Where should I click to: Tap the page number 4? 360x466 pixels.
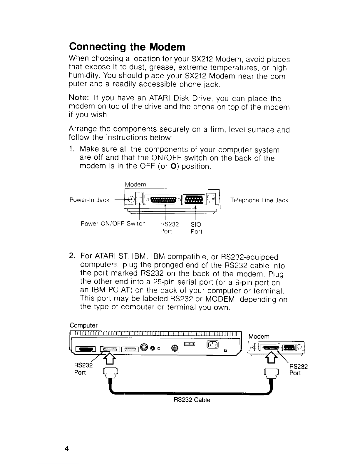(x=67, y=448)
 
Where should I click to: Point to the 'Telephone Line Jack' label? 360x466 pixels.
(x=259, y=200)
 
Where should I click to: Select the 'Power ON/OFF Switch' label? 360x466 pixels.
(x=113, y=224)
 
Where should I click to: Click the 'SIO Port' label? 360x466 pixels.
(x=196, y=228)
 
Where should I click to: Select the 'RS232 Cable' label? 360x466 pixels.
(x=192, y=400)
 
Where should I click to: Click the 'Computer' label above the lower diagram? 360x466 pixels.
(x=83, y=325)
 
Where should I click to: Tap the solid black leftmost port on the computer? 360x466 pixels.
(x=86, y=349)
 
